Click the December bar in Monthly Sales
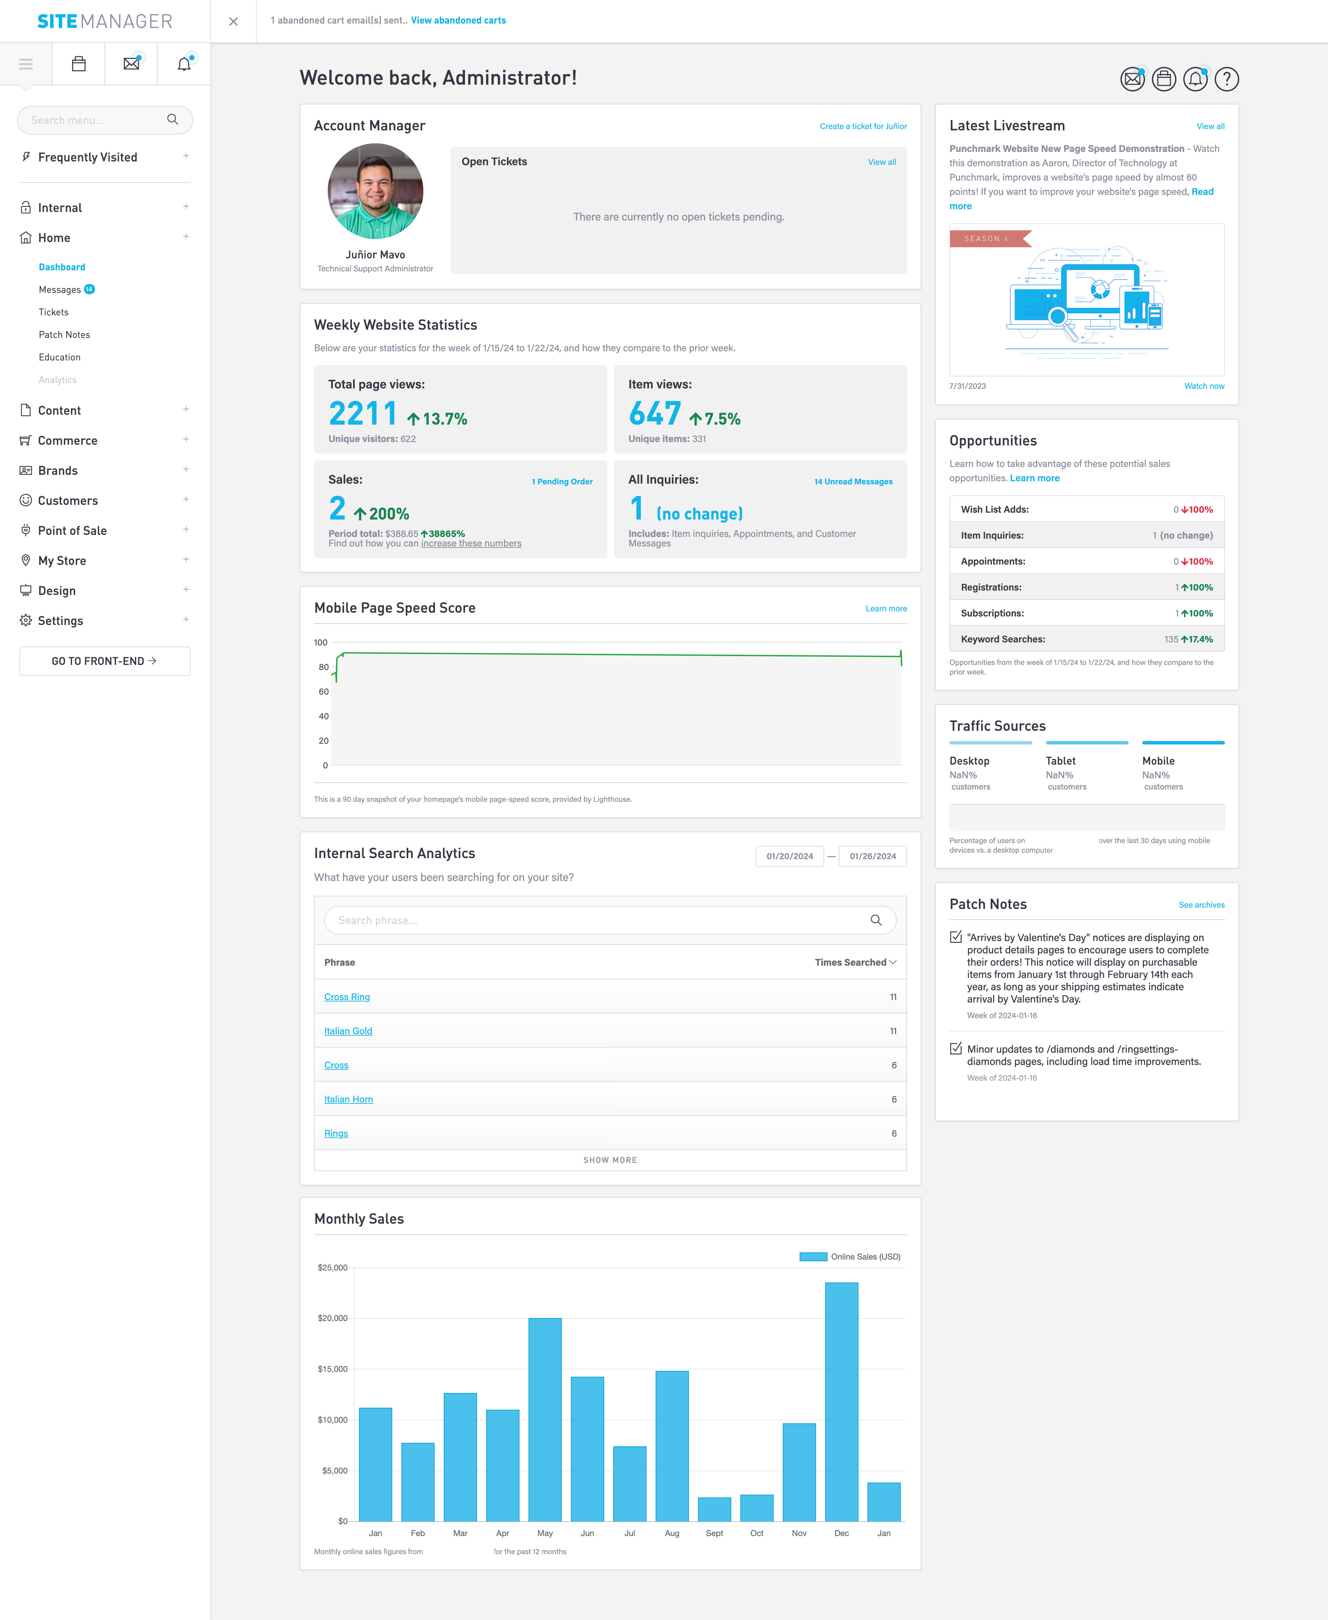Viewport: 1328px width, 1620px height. pos(842,1401)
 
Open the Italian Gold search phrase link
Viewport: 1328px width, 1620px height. pos(348,1031)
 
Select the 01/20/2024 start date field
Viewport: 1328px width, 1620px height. pos(789,856)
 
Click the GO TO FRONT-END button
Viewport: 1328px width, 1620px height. pos(105,661)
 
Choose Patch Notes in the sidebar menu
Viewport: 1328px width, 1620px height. pos(64,334)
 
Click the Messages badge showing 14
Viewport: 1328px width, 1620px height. pos(89,289)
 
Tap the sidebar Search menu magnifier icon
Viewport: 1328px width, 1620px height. pos(173,119)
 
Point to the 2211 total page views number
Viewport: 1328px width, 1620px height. pos(363,414)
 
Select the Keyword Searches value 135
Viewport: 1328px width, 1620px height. pos(1171,639)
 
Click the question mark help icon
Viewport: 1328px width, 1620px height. pos(1226,79)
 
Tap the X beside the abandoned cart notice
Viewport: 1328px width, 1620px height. pos(233,22)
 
